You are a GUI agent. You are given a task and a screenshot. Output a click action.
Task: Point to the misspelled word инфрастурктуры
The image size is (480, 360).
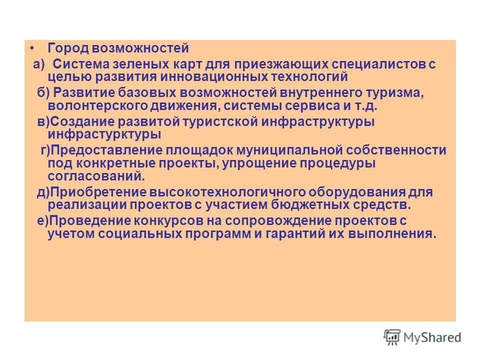[104, 134]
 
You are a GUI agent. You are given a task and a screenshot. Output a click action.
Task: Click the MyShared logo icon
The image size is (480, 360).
[392, 337]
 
